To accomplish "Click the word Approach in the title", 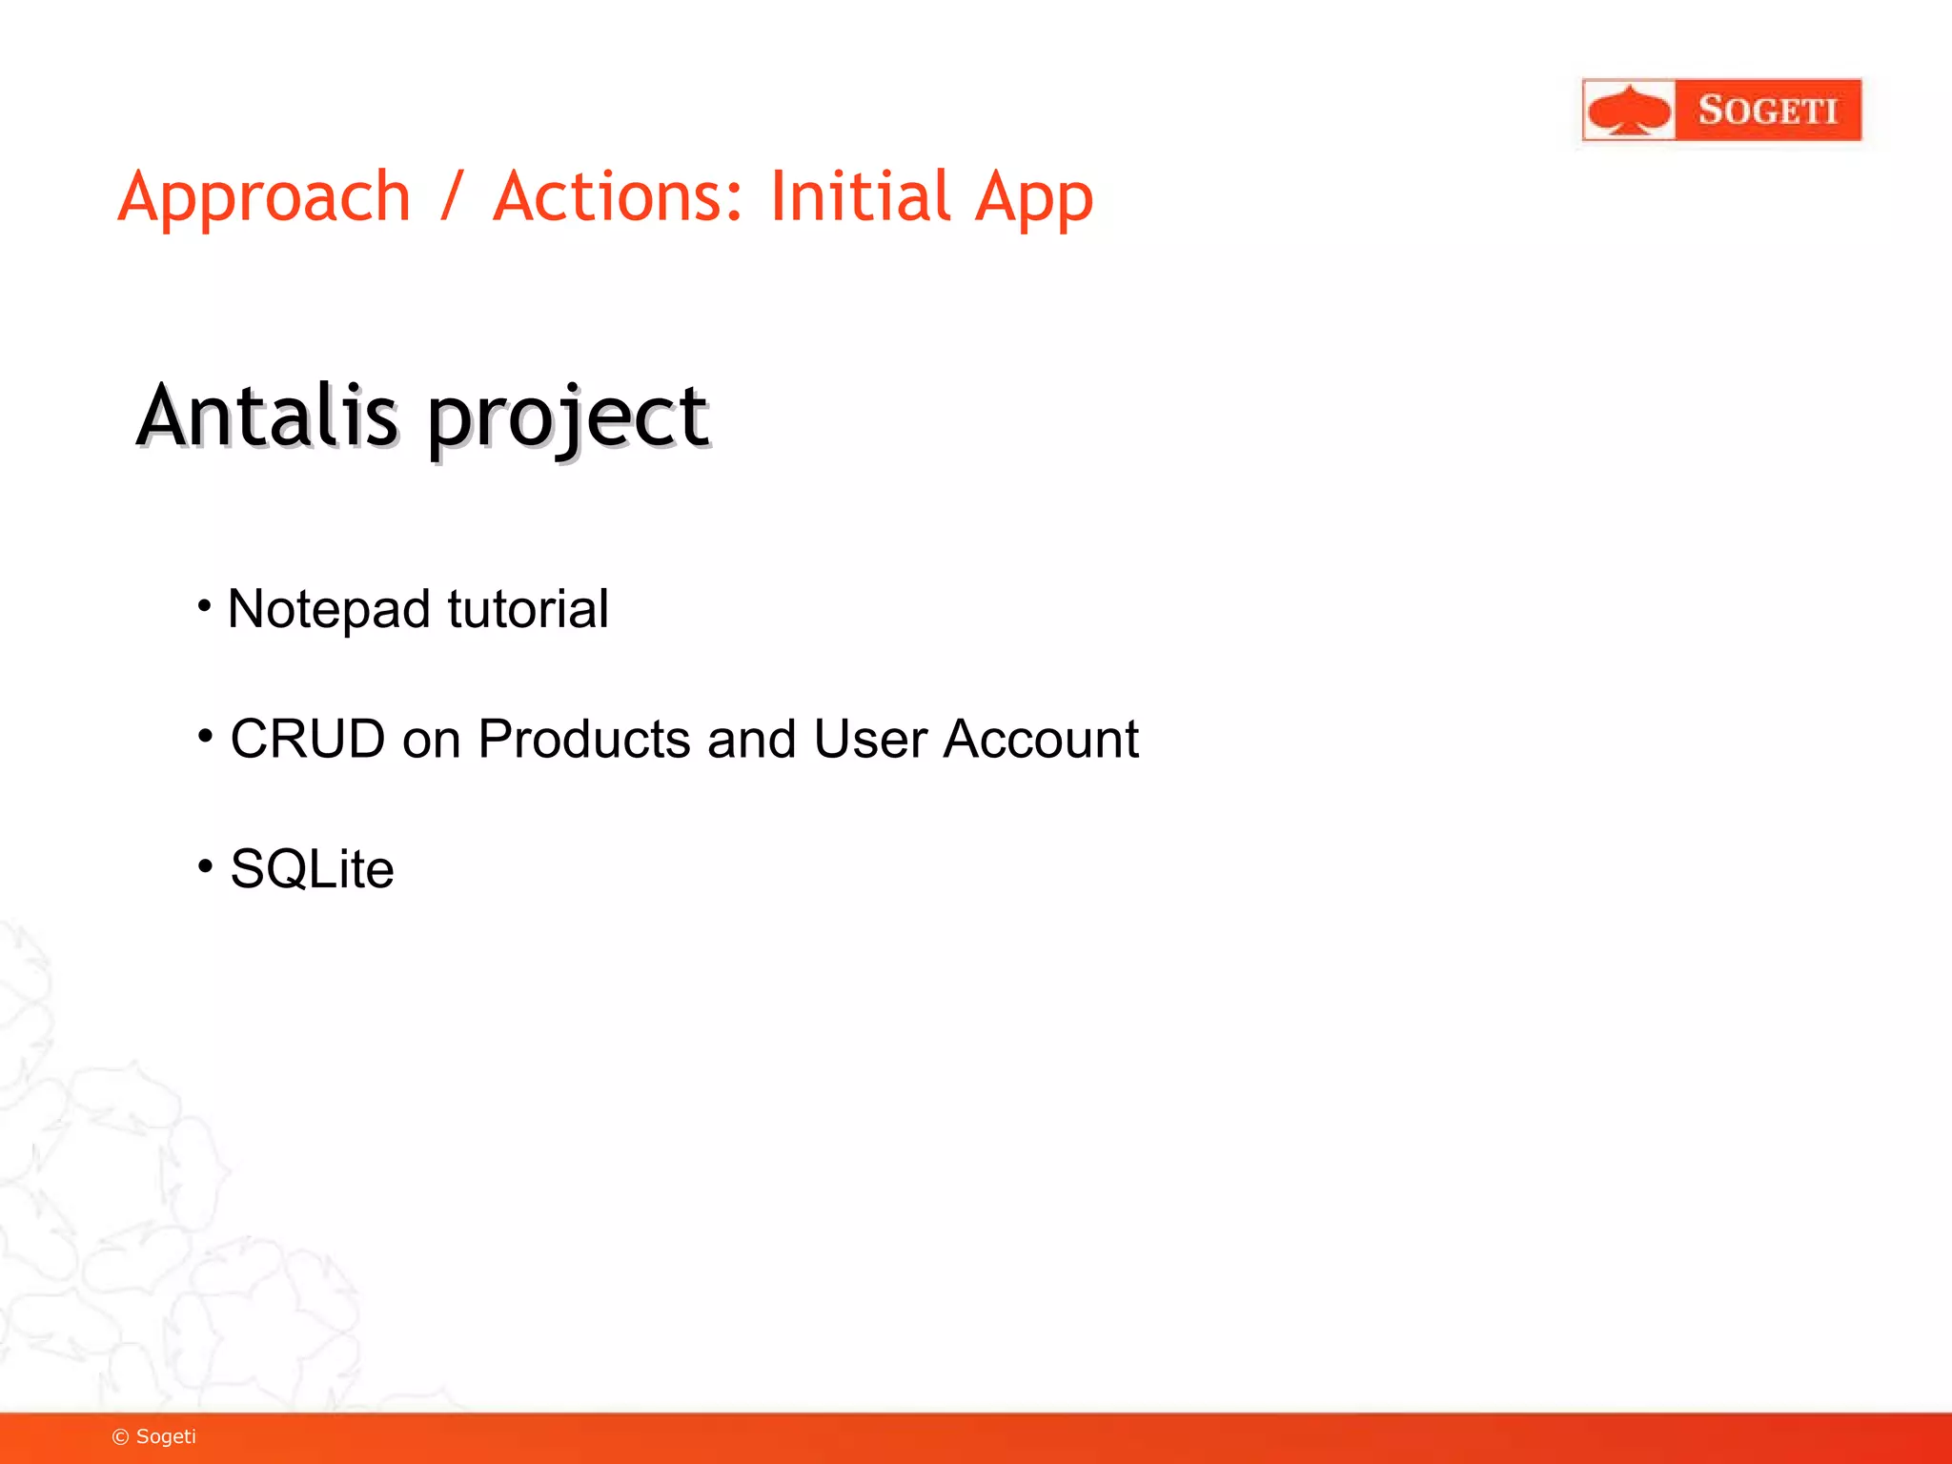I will (264, 198).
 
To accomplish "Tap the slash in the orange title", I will (452, 196).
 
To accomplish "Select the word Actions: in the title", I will (618, 196).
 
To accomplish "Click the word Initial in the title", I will (860, 196).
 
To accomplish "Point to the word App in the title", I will (1034, 198).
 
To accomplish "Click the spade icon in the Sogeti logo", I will (1629, 111).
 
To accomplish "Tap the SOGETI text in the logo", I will (1767, 111).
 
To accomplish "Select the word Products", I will (583, 739).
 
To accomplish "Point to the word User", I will (869, 739).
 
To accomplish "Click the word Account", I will (1041, 739).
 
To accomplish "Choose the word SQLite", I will (312, 869).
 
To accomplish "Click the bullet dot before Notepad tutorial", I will (204, 605).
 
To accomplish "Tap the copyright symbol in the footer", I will (120, 1437).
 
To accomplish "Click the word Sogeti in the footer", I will (166, 1436).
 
